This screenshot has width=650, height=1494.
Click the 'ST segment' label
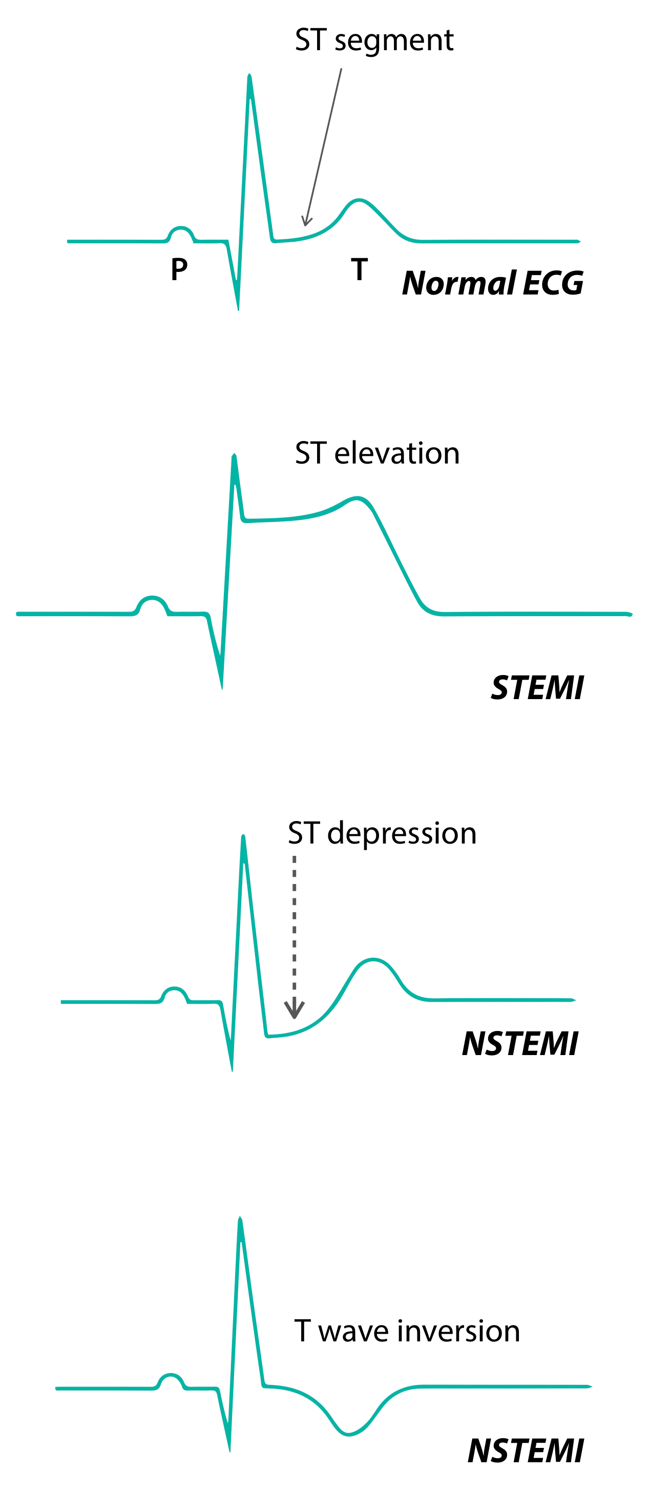pos(374,40)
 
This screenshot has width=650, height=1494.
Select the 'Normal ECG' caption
pos(492,283)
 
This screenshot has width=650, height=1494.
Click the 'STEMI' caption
pos(537,688)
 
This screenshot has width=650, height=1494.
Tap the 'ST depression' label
pos(382,833)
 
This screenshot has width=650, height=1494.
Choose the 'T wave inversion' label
pos(407,1331)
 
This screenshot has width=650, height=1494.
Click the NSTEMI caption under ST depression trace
pos(519,1044)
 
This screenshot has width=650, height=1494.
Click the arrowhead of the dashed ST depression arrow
pos(295,1012)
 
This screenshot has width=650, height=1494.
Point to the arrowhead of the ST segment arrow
pos(305,222)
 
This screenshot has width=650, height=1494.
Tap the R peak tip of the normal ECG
pos(249,76)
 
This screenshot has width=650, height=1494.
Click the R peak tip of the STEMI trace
pos(234,456)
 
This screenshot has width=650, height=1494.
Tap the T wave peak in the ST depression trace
pos(373,960)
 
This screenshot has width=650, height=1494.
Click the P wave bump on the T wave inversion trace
pos(171,1375)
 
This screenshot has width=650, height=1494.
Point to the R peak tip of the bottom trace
pos(240,1218)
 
